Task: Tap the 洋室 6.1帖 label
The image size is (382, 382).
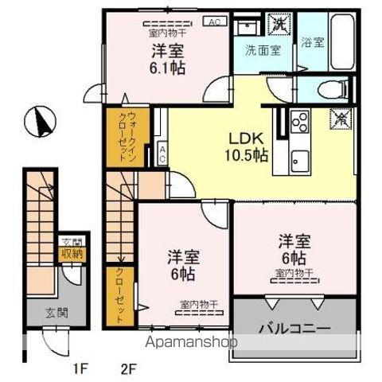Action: click(x=168, y=58)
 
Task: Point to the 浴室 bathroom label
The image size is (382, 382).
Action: click(x=313, y=43)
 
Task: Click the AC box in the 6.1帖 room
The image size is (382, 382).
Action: click(x=214, y=21)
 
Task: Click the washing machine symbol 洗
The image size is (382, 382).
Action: click(x=281, y=24)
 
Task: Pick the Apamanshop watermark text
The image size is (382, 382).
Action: click(x=192, y=344)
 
